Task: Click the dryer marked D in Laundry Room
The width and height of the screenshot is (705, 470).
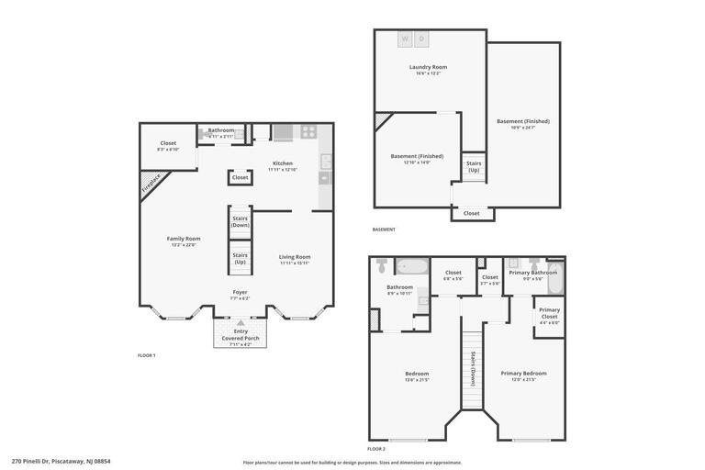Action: pyautogui.click(x=421, y=39)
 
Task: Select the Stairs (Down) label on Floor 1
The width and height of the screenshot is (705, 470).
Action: pyautogui.click(x=241, y=221)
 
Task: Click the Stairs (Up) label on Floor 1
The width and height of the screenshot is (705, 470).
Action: pyautogui.click(x=240, y=258)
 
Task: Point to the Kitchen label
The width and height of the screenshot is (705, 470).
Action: pyautogui.click(x=282, y=163)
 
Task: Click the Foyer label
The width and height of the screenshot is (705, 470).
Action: pyautogui.click(x=239, y=292)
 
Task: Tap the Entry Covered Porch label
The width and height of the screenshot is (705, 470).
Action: pyautogui.click(x=241, y=334)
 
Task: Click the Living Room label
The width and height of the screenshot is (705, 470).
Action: pyautogui.click(x=295, y=257)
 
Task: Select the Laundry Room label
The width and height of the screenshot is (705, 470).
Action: pyautogui.click(x=427, y=67)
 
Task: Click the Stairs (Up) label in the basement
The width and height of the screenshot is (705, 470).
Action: pyautogui.click(x=474, y=166)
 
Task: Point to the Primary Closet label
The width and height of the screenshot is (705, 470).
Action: pyautogui.click(x=549, y=310)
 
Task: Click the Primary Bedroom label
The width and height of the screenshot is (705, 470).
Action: pyautogui.click(x=523, y=373)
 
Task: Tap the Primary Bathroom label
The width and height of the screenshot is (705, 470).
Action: pyautogui.click(x=533, y=273)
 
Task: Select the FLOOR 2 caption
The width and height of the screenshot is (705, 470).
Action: pyautogui.click(x=376, y=449)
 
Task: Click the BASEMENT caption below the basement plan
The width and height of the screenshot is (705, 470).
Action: pyautogui.click(x=384, y=229)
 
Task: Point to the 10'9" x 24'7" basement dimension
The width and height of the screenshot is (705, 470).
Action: pyautogui.click(x=522, y=128)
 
